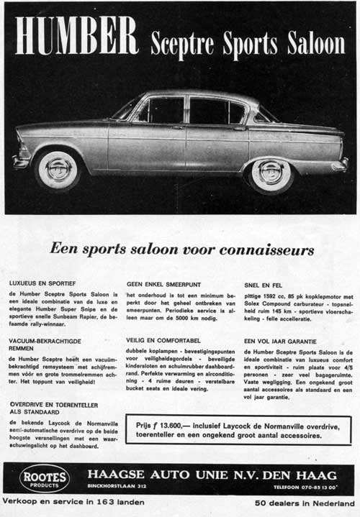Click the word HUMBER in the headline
pyautogui.click(x=76, y=35)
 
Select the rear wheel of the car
pyautogui.click(x=271, y=173)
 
